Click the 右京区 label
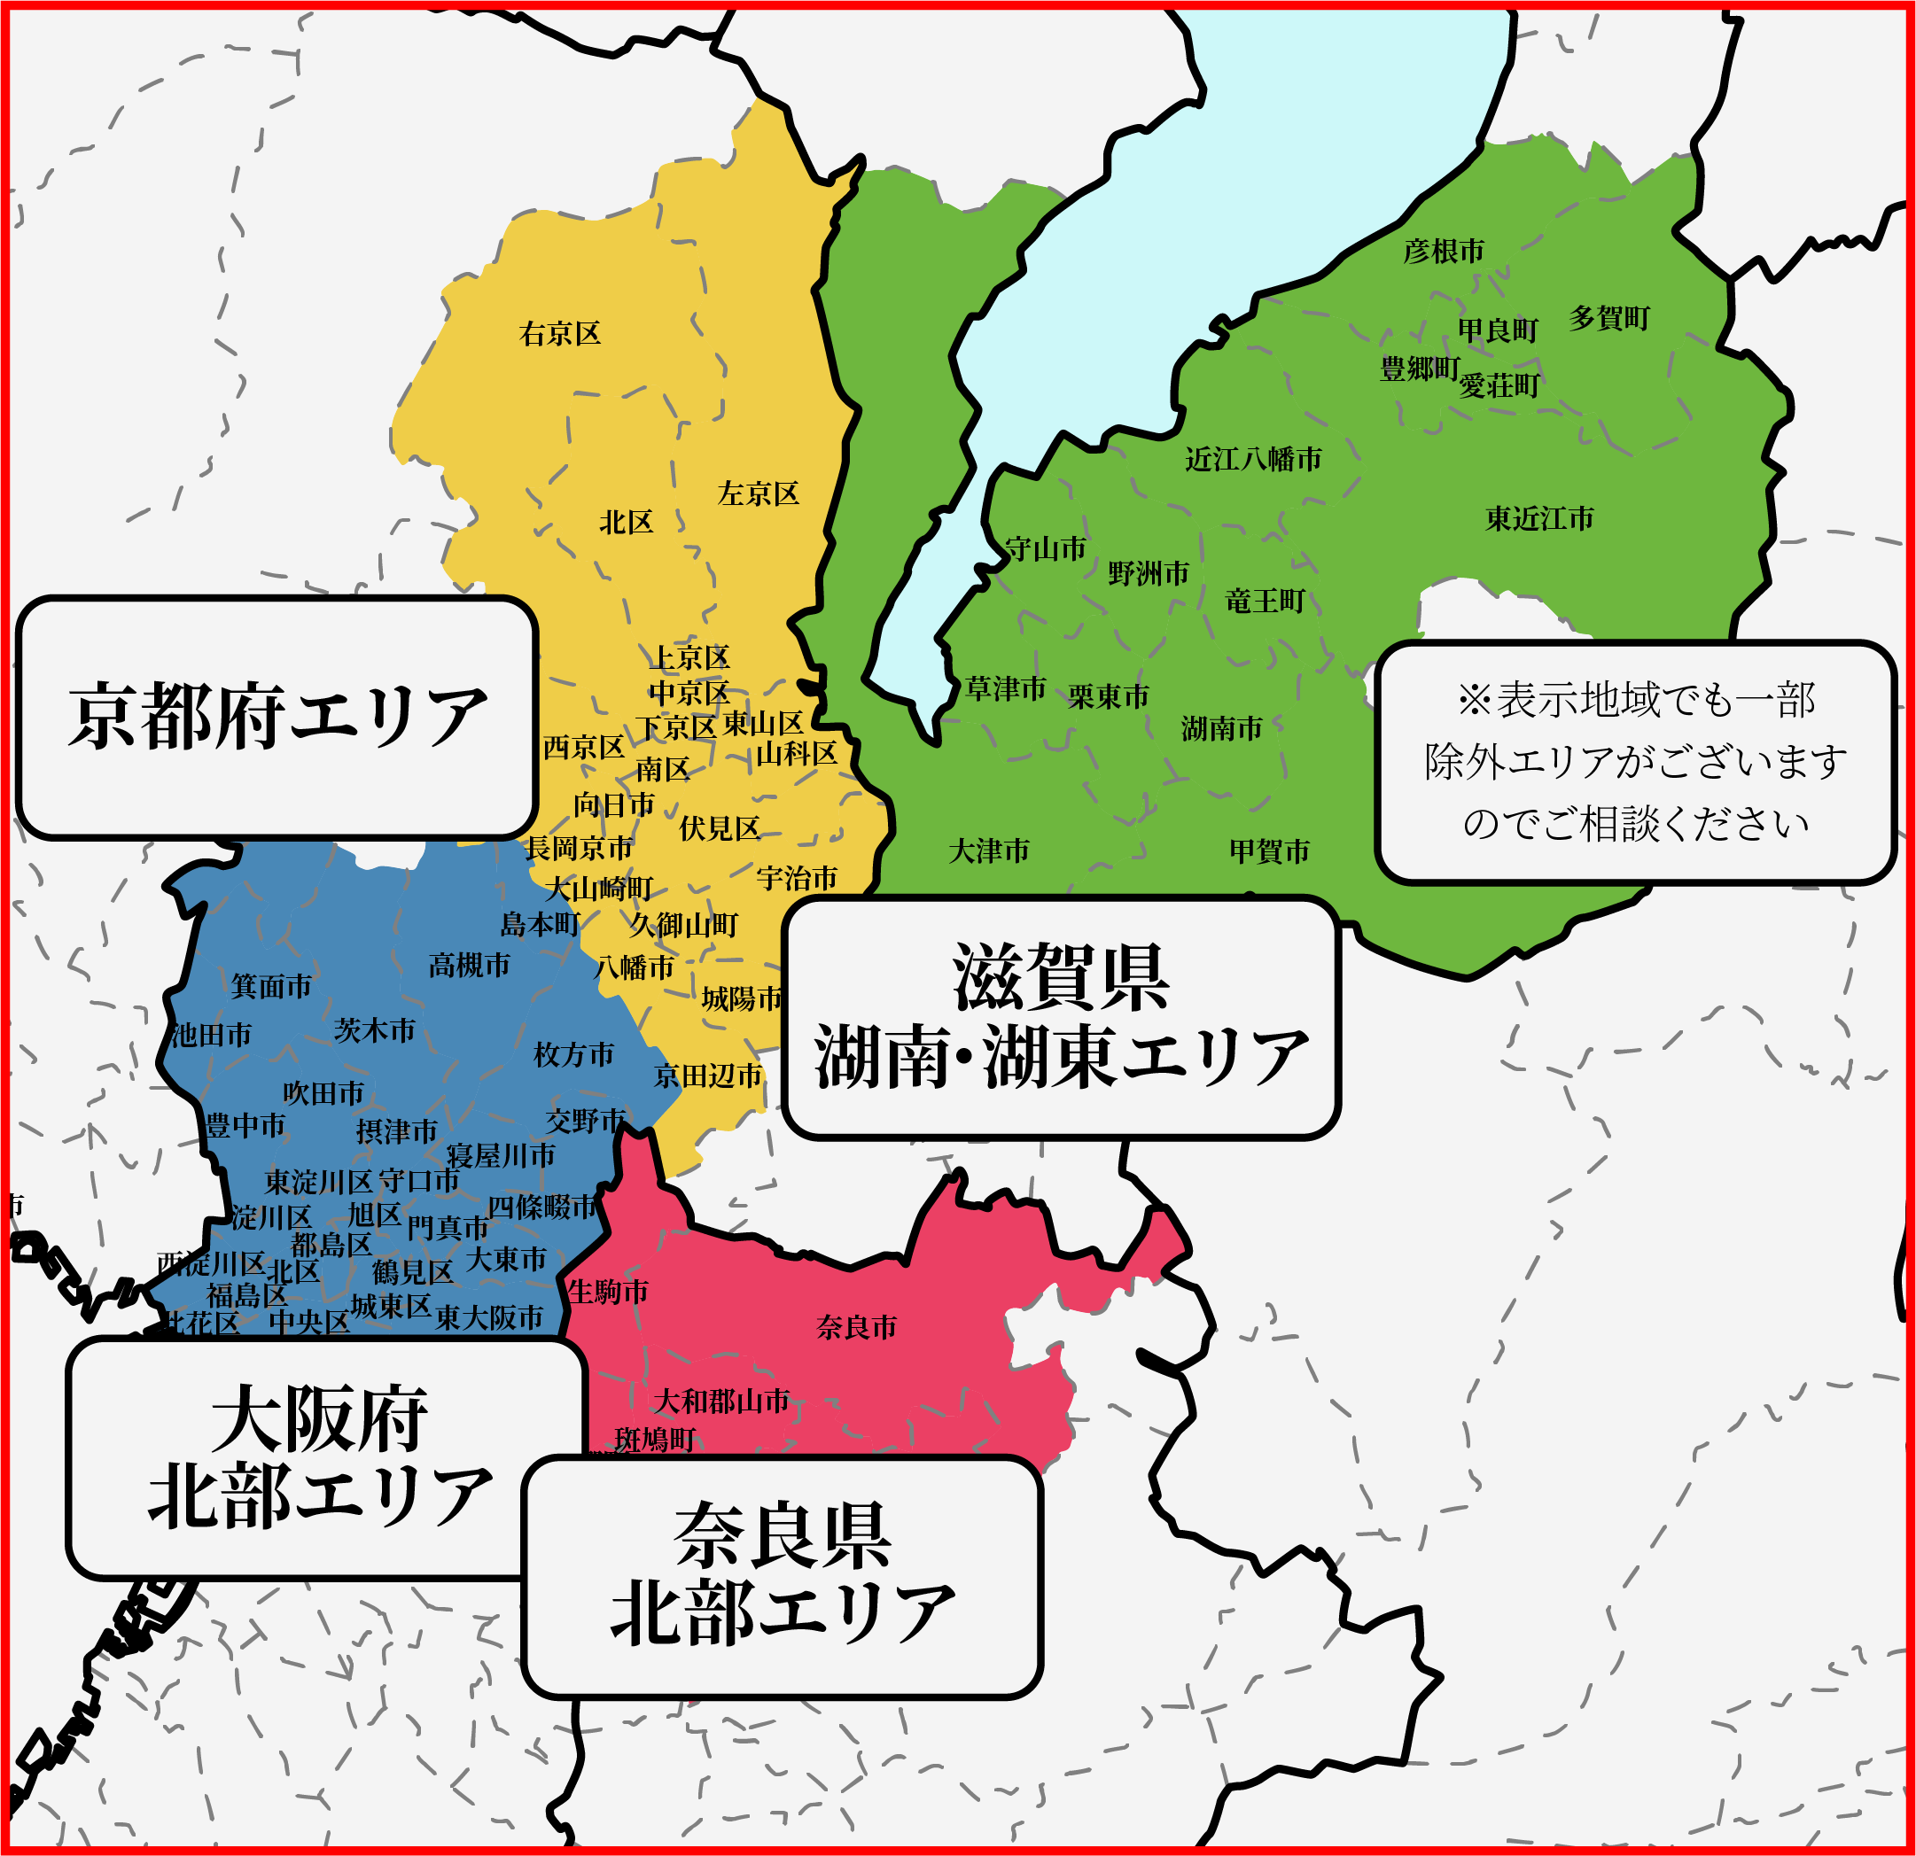click(x=560, y=334)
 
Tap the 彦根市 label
click(x=1444, y=252)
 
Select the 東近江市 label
click(x=1539, y=519)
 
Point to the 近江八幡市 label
click(x=1253, y=460)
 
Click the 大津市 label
click(x=989, y=851)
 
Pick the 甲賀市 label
click(x=1270, y=851)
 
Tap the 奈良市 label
click(x=856, y=1327)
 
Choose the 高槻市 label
click(x=469, y=966)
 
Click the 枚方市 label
click(x=573, y=1054)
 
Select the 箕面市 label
click(x=272, y=986)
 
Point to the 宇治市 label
click(x=797, y=878)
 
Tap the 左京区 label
click(x=759, y=493)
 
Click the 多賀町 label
click(x=1609, y=318)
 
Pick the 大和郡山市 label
click(x=721, y=1402)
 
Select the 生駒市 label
click(x=608, y=1292)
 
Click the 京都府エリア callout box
click(x=277, y=718)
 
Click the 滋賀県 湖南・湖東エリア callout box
click(x=1061, y=1017)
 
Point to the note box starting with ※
click(x=1635, y=763)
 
